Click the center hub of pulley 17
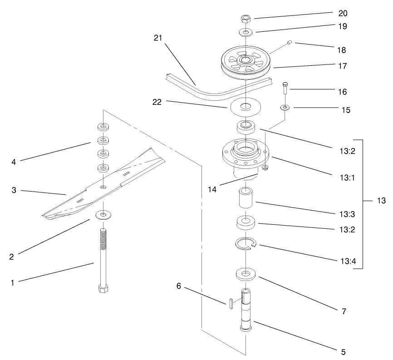pos(245,60)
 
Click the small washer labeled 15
pos(285,108)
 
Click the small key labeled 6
pos(231,303)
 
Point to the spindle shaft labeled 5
pos(246,311)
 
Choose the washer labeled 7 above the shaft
pos(246,274)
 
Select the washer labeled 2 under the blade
pos(103,213)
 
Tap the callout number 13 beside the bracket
pos(380,200)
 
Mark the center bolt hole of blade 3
pos(103,187)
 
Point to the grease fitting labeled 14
pos(266,168)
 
